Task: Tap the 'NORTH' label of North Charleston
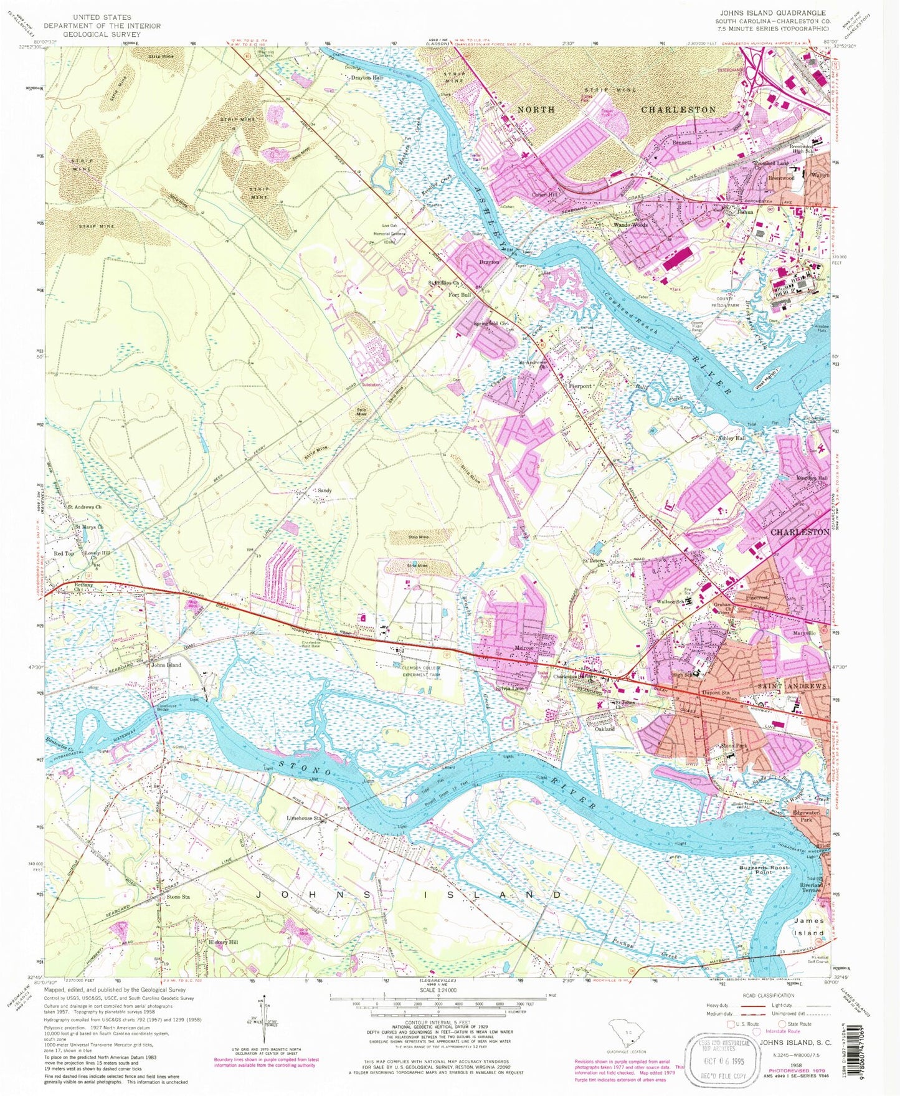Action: pos(536,110)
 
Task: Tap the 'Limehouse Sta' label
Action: pos(303,817)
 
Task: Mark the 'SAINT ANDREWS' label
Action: pos(791,686)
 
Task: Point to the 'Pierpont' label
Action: pos(580,386)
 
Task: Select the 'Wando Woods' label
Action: pos(630,225)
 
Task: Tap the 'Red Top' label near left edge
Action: pos(64,553)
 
